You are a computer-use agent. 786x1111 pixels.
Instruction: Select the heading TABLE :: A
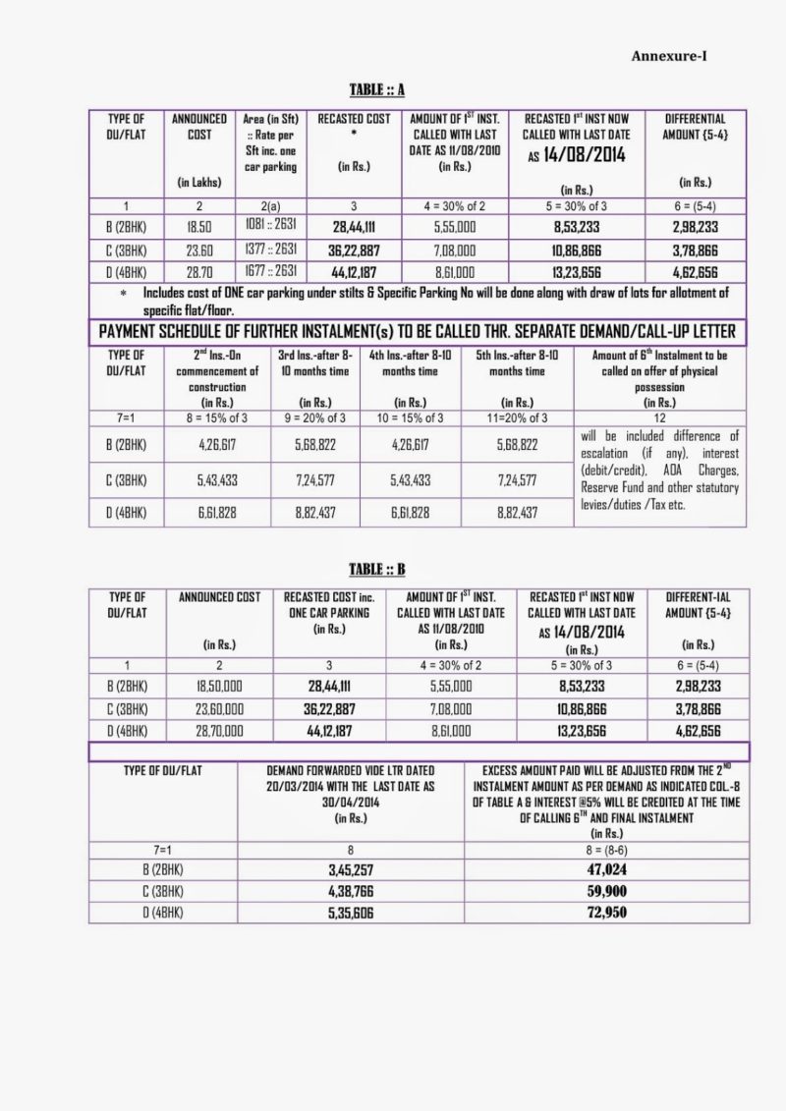tap(378, 89)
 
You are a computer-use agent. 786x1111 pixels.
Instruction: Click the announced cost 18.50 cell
tap(198, 226)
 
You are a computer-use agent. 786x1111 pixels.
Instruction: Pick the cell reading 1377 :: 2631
tap(271, 250)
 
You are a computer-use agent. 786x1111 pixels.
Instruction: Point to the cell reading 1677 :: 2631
tap(271, 272)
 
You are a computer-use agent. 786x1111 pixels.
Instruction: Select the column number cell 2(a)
tap(272, 205)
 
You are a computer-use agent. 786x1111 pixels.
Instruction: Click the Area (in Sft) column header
tap(272, 119)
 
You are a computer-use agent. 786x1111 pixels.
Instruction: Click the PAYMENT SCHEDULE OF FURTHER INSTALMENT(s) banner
tap(417, 332)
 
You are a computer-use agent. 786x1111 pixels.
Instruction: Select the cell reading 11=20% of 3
tap(517, 418)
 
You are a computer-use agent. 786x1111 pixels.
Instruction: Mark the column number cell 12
tap(659, 418)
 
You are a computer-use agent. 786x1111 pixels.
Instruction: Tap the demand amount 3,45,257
tap(350, 870)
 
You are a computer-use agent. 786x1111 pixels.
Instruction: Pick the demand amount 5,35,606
tap(350, 914)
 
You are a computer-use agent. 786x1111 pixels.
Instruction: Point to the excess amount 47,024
tap(605, 870)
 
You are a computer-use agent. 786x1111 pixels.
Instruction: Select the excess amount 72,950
tap(605, 914)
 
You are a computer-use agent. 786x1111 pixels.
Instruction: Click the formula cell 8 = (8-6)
tap(605, 849)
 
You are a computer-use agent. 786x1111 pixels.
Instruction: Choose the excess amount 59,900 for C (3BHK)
tap(605, 892)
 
